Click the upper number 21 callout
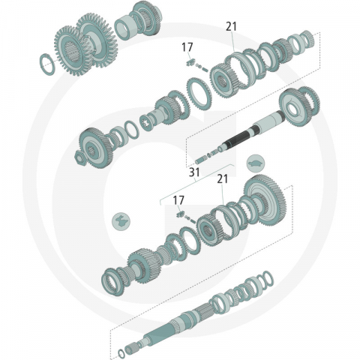pos(232,25)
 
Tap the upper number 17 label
pos(187,47)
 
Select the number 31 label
pos(195,172)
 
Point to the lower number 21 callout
pos(222,178)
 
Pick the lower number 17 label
pos(178,200)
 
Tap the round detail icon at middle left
pos(119,220)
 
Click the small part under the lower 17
pos(181,216)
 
